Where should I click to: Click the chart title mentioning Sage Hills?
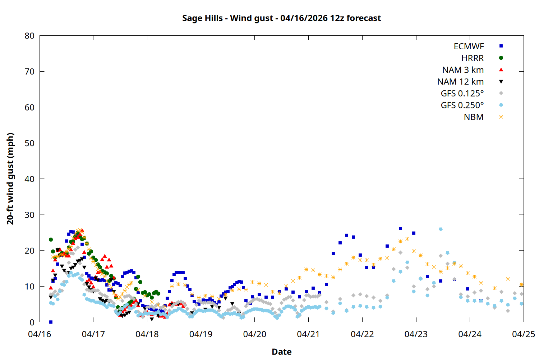pos(281,18)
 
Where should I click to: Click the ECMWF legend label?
pos(469,46)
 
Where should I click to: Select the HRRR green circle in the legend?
pos(501,58)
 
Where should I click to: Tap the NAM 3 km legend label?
pos(463,70)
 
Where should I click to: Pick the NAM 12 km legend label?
pos(460,82)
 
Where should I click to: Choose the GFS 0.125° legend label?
pos(462,94)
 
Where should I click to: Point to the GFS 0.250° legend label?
pos(462,105)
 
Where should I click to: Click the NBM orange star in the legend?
pos(501,117)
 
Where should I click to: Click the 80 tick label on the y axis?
pos(30,36)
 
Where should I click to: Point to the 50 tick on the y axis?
pos(30,143)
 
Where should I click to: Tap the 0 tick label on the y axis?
pos(32,322)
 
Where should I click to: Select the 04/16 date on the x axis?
pos(40,334)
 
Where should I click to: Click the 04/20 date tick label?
pos(255,334)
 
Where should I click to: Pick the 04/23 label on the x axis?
pos(416,334)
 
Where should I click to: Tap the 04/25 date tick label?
pos(523,334)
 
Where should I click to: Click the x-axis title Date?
pos(281,352)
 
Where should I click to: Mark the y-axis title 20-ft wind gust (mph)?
pos(10,179)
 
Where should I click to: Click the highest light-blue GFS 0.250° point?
pos(441,229)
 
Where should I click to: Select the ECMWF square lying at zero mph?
pos(51,322)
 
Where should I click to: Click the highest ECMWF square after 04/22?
pos(400,229)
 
